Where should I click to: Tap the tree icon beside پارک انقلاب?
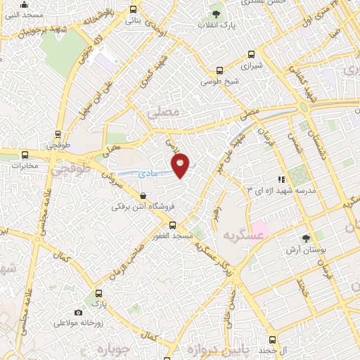tap(217, 14)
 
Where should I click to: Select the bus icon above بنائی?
tap(134, 10)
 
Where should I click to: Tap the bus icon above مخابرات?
tap(25, 155)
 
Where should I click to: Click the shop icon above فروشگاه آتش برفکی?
tap(143, 196)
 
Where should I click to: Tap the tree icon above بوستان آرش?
tap(305, 239)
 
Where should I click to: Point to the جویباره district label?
tap(113, 348)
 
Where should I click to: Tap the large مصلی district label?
tap(163, 112)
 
